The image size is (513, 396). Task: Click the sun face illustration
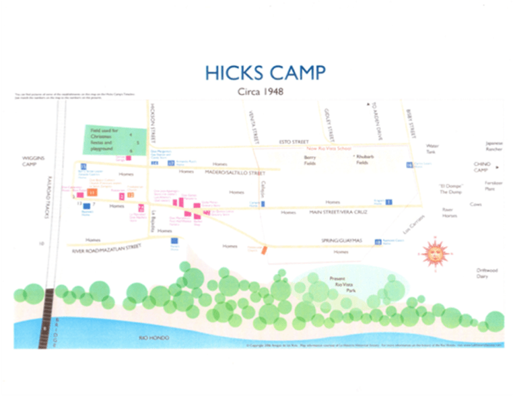434,253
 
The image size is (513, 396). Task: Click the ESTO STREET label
294,142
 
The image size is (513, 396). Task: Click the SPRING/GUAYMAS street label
340,240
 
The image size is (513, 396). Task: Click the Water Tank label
432,149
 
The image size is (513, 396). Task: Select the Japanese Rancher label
494,146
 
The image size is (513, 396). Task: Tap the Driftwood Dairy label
487,273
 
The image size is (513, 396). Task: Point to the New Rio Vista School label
329,148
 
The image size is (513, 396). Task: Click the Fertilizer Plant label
493,186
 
